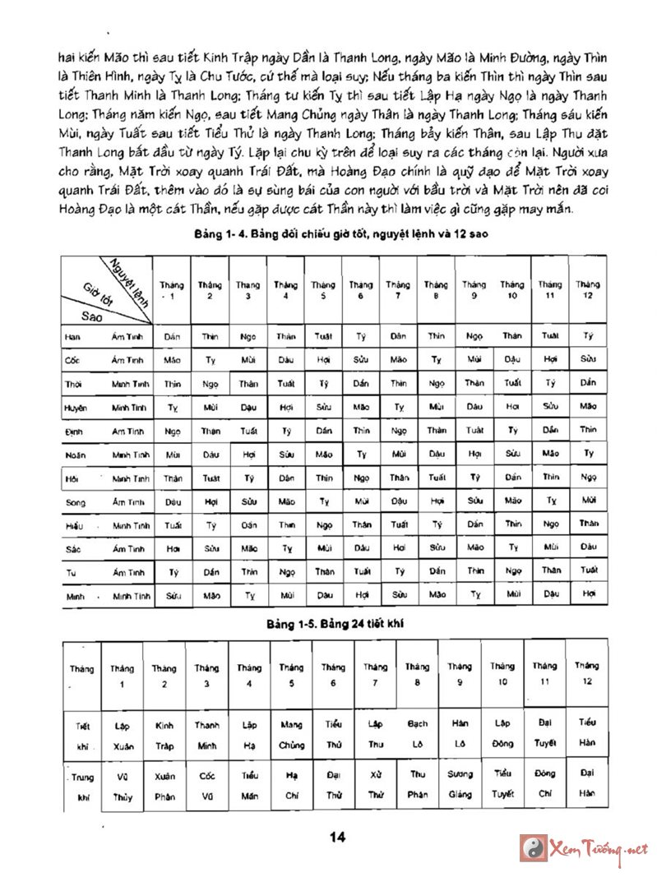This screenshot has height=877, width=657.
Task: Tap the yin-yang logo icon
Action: click(x=533, y=848)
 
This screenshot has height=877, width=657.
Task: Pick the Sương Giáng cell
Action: click(x=460, y=784)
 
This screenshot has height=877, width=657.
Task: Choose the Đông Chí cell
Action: click(x=544, y=784)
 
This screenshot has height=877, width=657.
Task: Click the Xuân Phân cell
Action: click(x=164, y=784)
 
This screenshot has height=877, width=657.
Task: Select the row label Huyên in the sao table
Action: click(x=76, y=407)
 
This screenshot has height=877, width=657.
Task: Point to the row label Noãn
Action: click(x=76, y=454)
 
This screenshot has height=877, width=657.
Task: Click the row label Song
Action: click(x=76, y=501)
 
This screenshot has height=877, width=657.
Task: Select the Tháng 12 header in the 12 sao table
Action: click(x=588, y=289)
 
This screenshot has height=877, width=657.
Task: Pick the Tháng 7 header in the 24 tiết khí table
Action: click(x=376, y=674)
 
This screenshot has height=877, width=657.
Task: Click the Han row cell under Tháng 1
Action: click(x=172, y=336)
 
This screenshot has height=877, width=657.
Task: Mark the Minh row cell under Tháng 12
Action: click(x=588, y=593)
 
